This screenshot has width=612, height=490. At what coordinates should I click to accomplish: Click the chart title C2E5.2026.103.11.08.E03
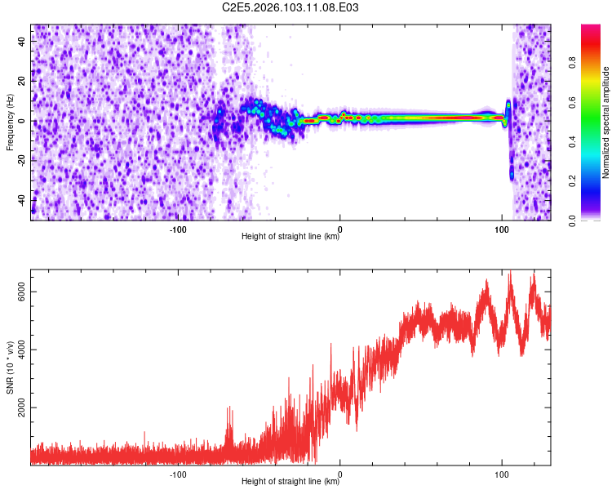291,7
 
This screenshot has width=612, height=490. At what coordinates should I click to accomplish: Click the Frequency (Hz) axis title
10,122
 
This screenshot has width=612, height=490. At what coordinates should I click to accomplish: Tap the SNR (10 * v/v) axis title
10,367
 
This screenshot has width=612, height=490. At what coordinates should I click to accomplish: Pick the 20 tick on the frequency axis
23,82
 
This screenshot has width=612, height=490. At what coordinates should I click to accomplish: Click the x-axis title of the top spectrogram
290,238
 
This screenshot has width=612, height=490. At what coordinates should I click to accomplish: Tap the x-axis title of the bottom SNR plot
290,482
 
